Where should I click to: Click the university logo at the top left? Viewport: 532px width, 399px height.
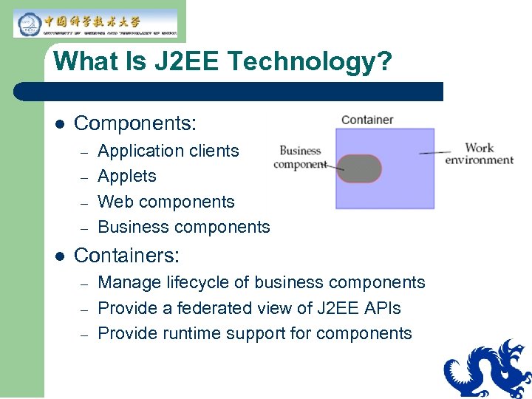pyautogui.click(x=95, y=23)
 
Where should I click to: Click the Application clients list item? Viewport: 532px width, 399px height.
pyautogui.click(x=168, y=151)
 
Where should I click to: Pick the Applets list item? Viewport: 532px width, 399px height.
pyautogui.click(x=127, y=176)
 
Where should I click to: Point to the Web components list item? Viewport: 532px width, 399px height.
pyautogui.click(x=166, y=202)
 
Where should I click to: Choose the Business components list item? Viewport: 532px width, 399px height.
pyautogui.click(x=184, y=227)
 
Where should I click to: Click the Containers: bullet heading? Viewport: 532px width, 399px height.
pyautogui.click(x=126, y=256)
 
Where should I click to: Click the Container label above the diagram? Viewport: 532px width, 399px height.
pyautogui.click(x=367, y=120)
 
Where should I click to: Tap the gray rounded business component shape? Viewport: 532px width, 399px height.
pyautogui.click(x=359, y=168)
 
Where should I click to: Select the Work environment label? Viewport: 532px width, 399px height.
pyautogui.click(x=479, y=154)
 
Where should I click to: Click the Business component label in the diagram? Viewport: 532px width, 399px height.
pyautogui.click(x=300, y=157)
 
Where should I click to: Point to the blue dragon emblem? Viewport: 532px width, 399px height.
pyautogui.click(x=488, y=369)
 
